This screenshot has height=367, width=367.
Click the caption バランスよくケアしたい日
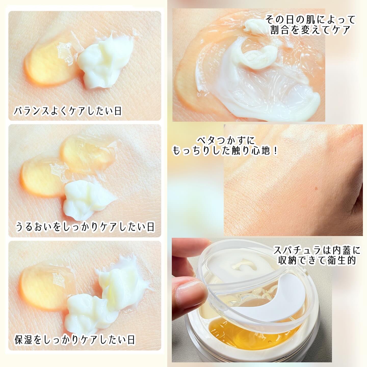tap(68, 111)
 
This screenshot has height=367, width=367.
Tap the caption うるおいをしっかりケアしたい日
tap(85, 227)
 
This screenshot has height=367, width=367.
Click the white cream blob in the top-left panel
tap(105, 61)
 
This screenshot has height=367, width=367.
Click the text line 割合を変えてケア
tap(311, 30)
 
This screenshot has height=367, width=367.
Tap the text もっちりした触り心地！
tap(225, 151)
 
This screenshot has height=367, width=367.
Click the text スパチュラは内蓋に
tap(317, 250)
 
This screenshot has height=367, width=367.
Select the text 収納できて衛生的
tap(317, 260)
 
